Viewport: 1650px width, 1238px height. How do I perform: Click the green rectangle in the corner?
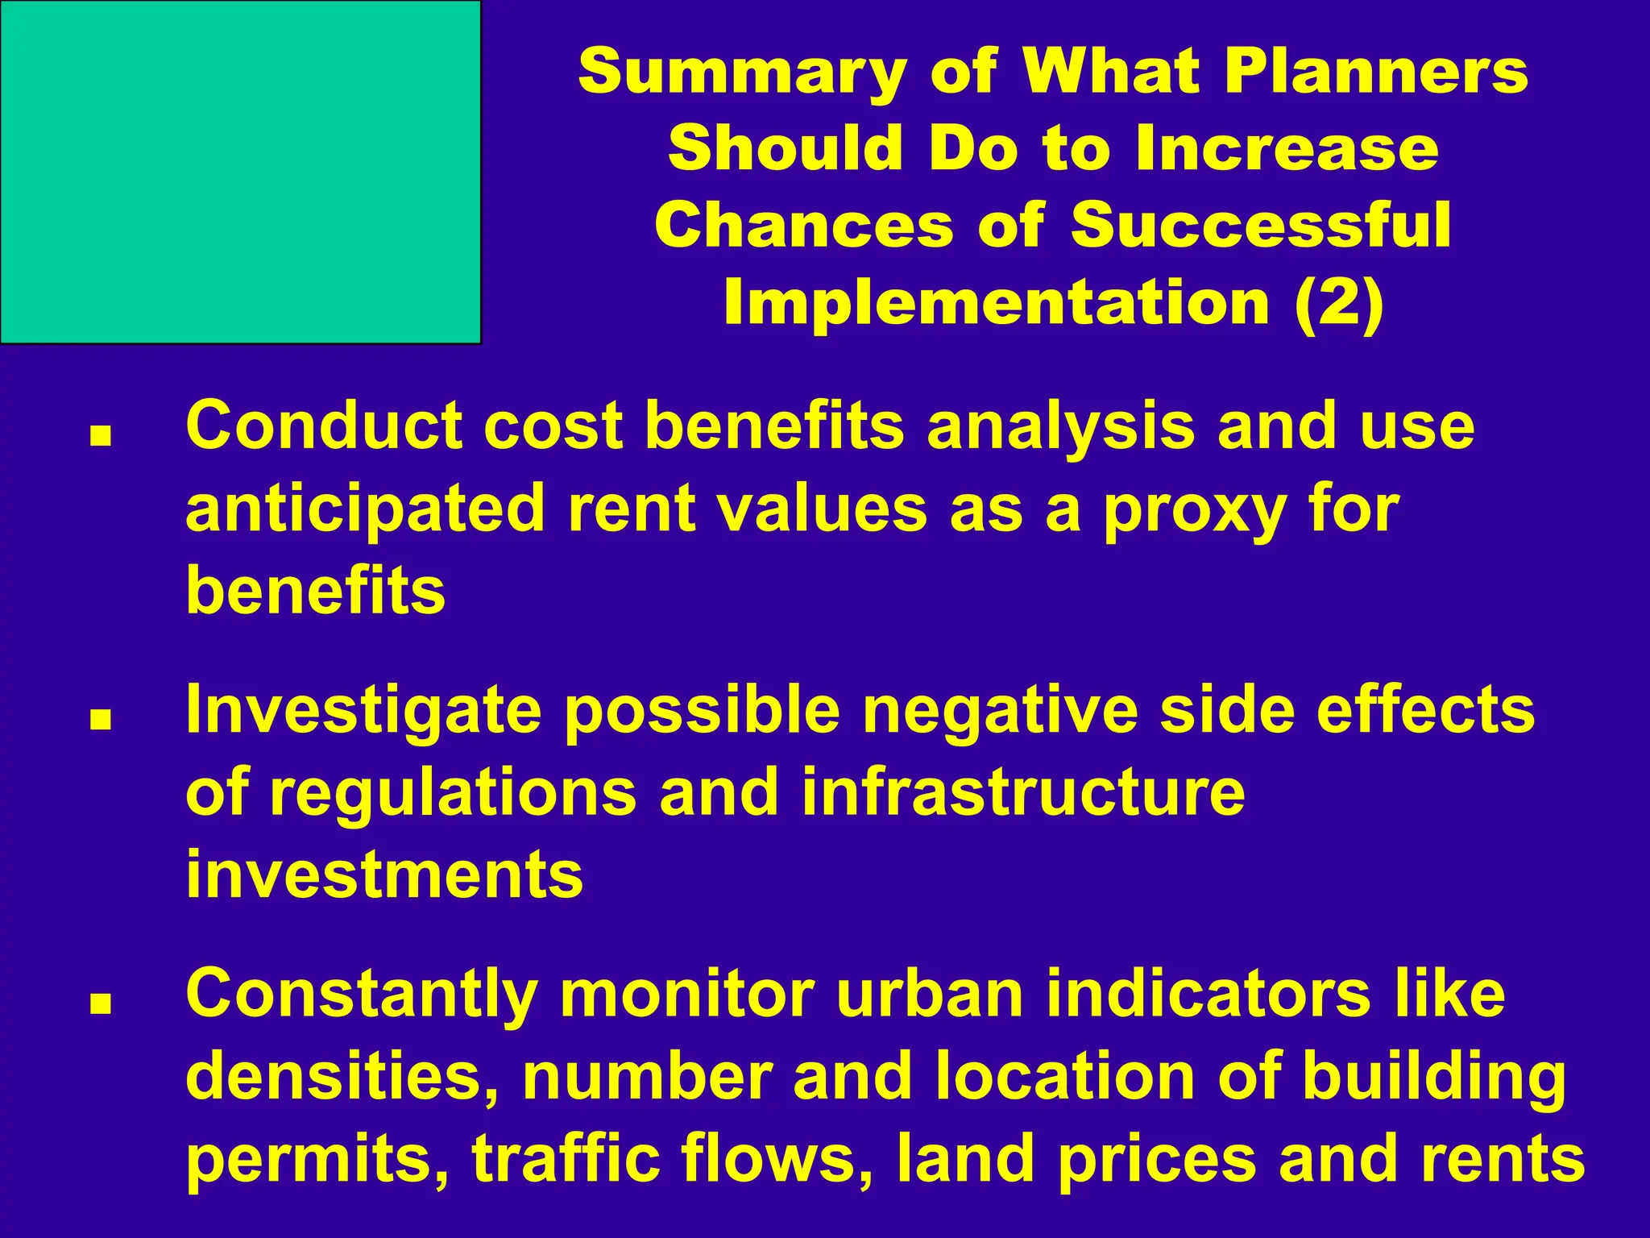(x=240, y=172)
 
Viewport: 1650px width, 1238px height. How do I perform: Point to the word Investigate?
(x=363, y=712)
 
